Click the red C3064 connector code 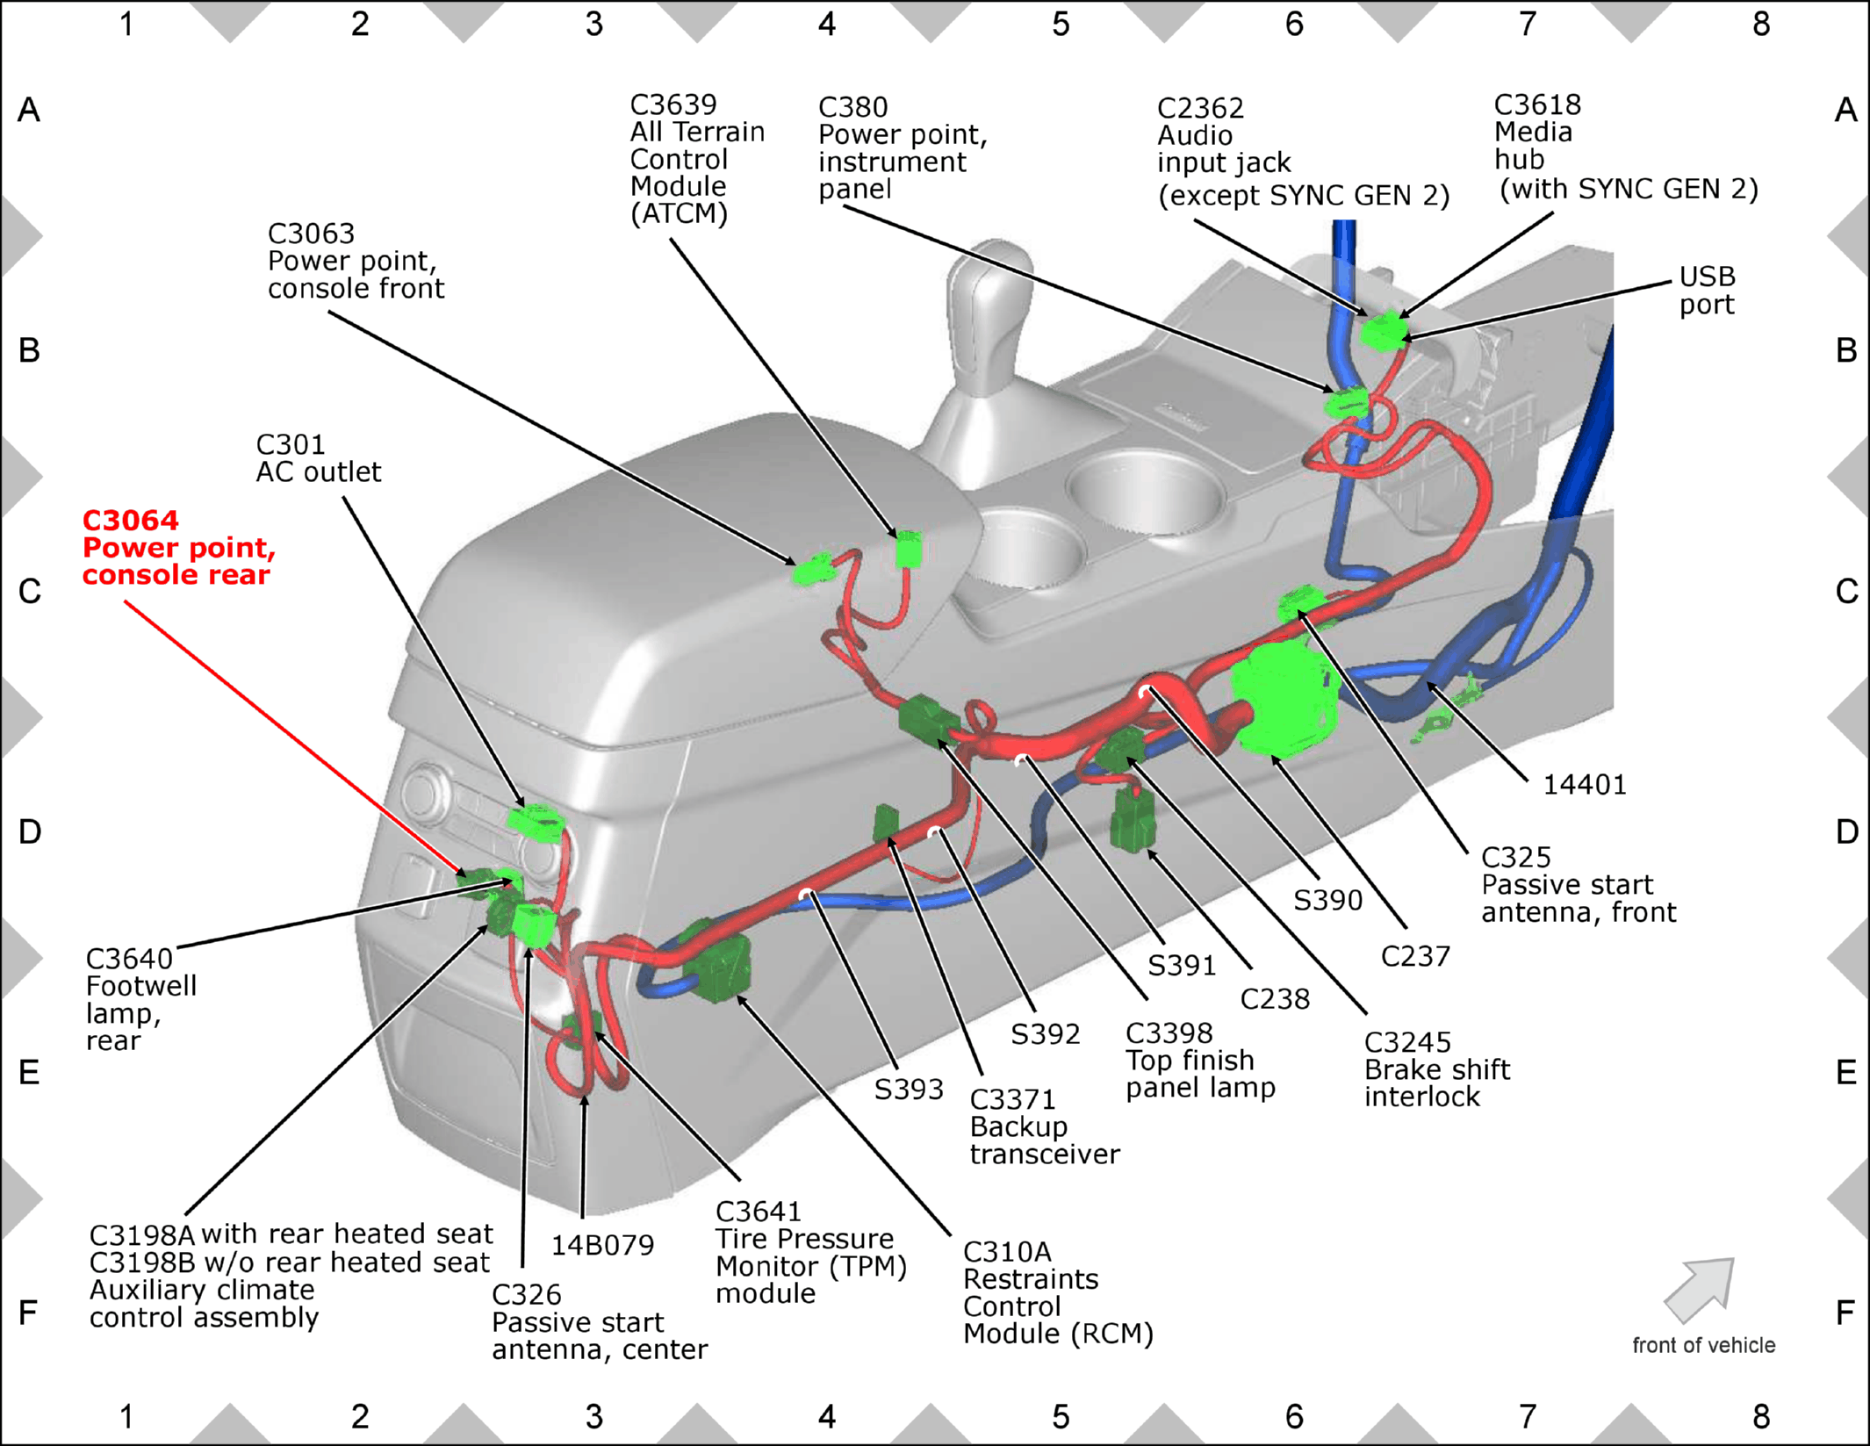coord(131,521)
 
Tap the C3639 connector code coord(673,104)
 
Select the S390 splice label coord(1327,900)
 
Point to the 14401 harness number coord(1585,784)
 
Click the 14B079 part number coord(602,1245)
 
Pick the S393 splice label coord(909,1090)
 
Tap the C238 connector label coord(1275,999)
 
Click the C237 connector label coord(1415,956)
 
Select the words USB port coord(1708,291)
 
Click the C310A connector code coord(1007,1252)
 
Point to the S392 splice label coord(1045,1034)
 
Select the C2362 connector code coord(1200,108)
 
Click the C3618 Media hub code coord(1537,104)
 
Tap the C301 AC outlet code coord(291,444)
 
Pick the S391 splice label coord(1182,966)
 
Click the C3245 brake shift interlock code coord(1407,1042)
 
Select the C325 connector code coord(1516,857)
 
